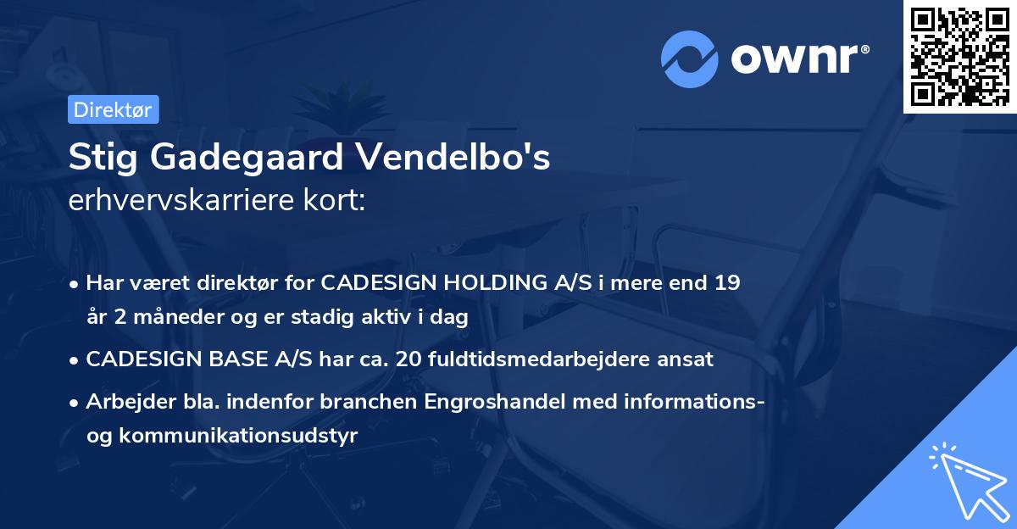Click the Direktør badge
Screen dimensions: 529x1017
click(x=113, y=109)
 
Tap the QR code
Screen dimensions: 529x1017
click(x=959, y=56)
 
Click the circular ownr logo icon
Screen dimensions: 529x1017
click(x=690, y=58)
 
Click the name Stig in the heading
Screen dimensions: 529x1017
click(x=99, y=158)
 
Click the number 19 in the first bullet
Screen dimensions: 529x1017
click(x=727, y=282)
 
